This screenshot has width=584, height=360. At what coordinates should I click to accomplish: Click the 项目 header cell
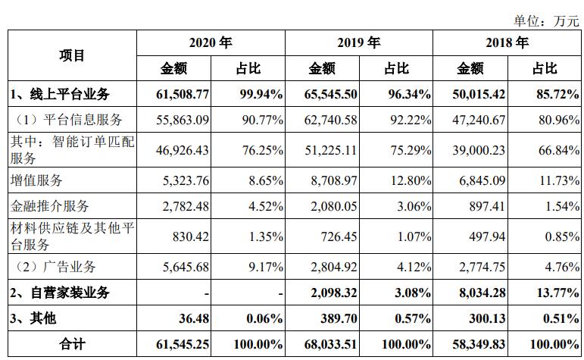coord(73,55)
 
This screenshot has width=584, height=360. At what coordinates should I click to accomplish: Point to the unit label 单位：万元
coord(546,20)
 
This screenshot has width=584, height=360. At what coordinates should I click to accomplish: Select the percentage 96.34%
coord(407,95)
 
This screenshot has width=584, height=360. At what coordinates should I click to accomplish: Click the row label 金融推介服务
coord(49,206)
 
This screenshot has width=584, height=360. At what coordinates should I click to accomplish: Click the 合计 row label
coord(73,344)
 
